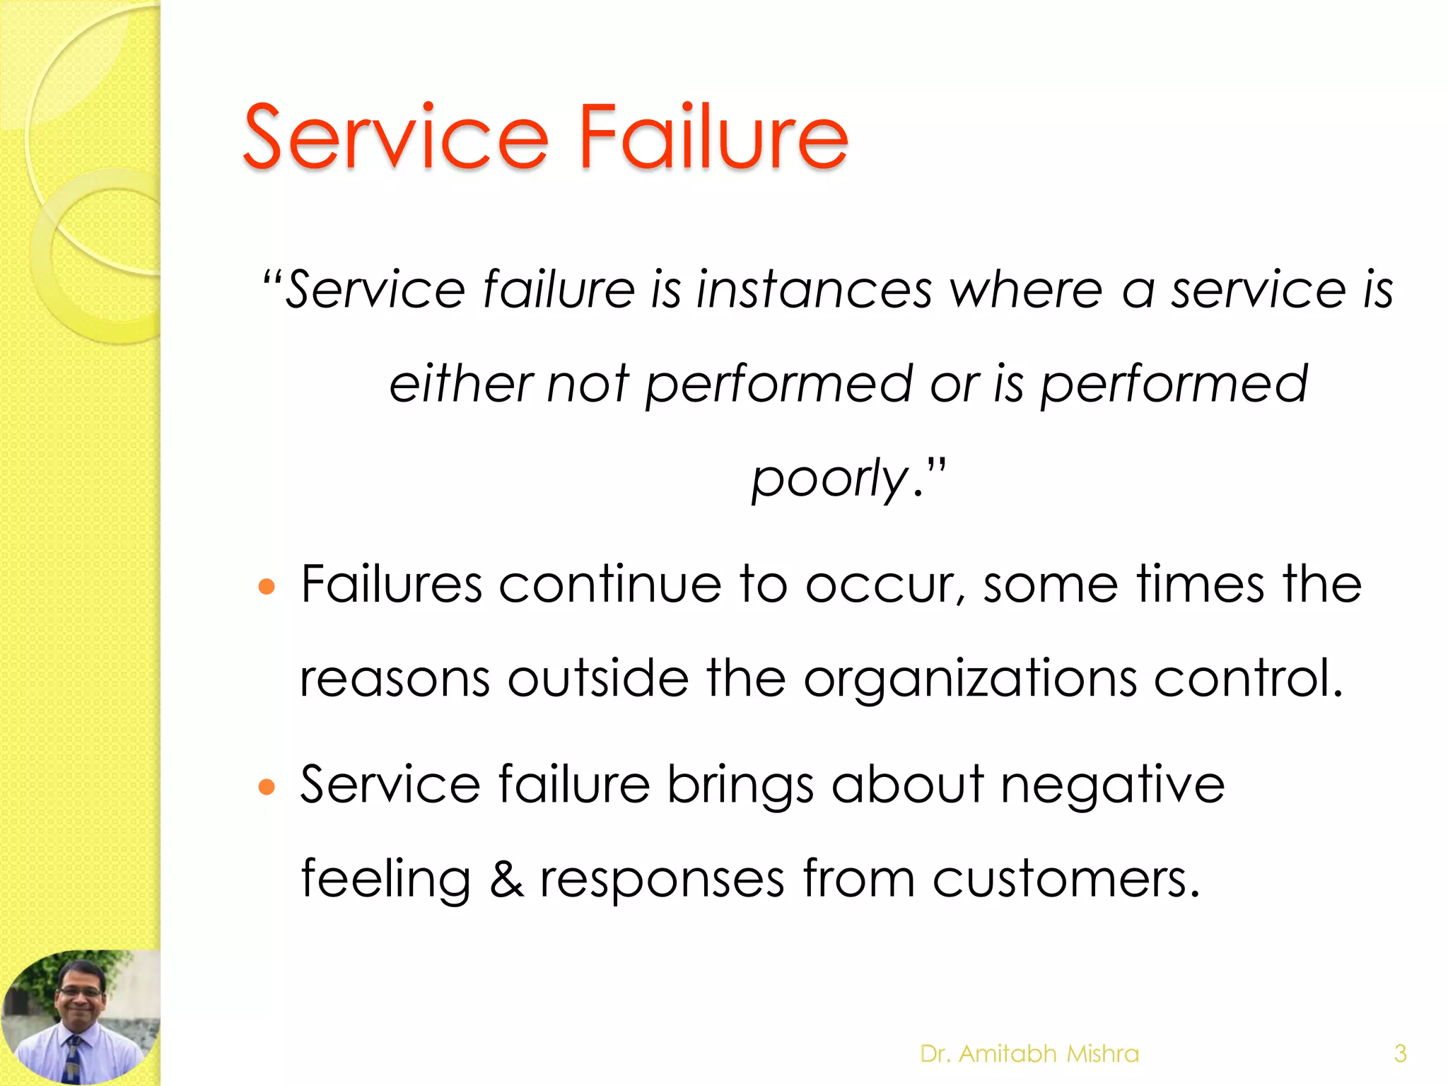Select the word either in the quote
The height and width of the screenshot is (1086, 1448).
pyautogui.click(x=460, y=384)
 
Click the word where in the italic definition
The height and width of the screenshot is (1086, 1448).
pyautogui.click(x=1026, y=290)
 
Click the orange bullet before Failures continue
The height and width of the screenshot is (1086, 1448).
pyautogui.click(x=267, y=587)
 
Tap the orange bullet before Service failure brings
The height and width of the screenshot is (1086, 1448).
pyautogui.click(x=267, y=787)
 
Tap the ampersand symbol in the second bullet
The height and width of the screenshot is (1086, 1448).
pyautogui.click(x=507, y=880)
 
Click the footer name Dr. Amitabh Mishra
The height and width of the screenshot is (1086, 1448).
pyautogui.click(x=1029, y=1054)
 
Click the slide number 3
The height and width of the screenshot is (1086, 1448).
pyautogui.click(x=1400, y=1054)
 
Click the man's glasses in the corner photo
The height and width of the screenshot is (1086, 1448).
pyautogui.click(x=82, y=993)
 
